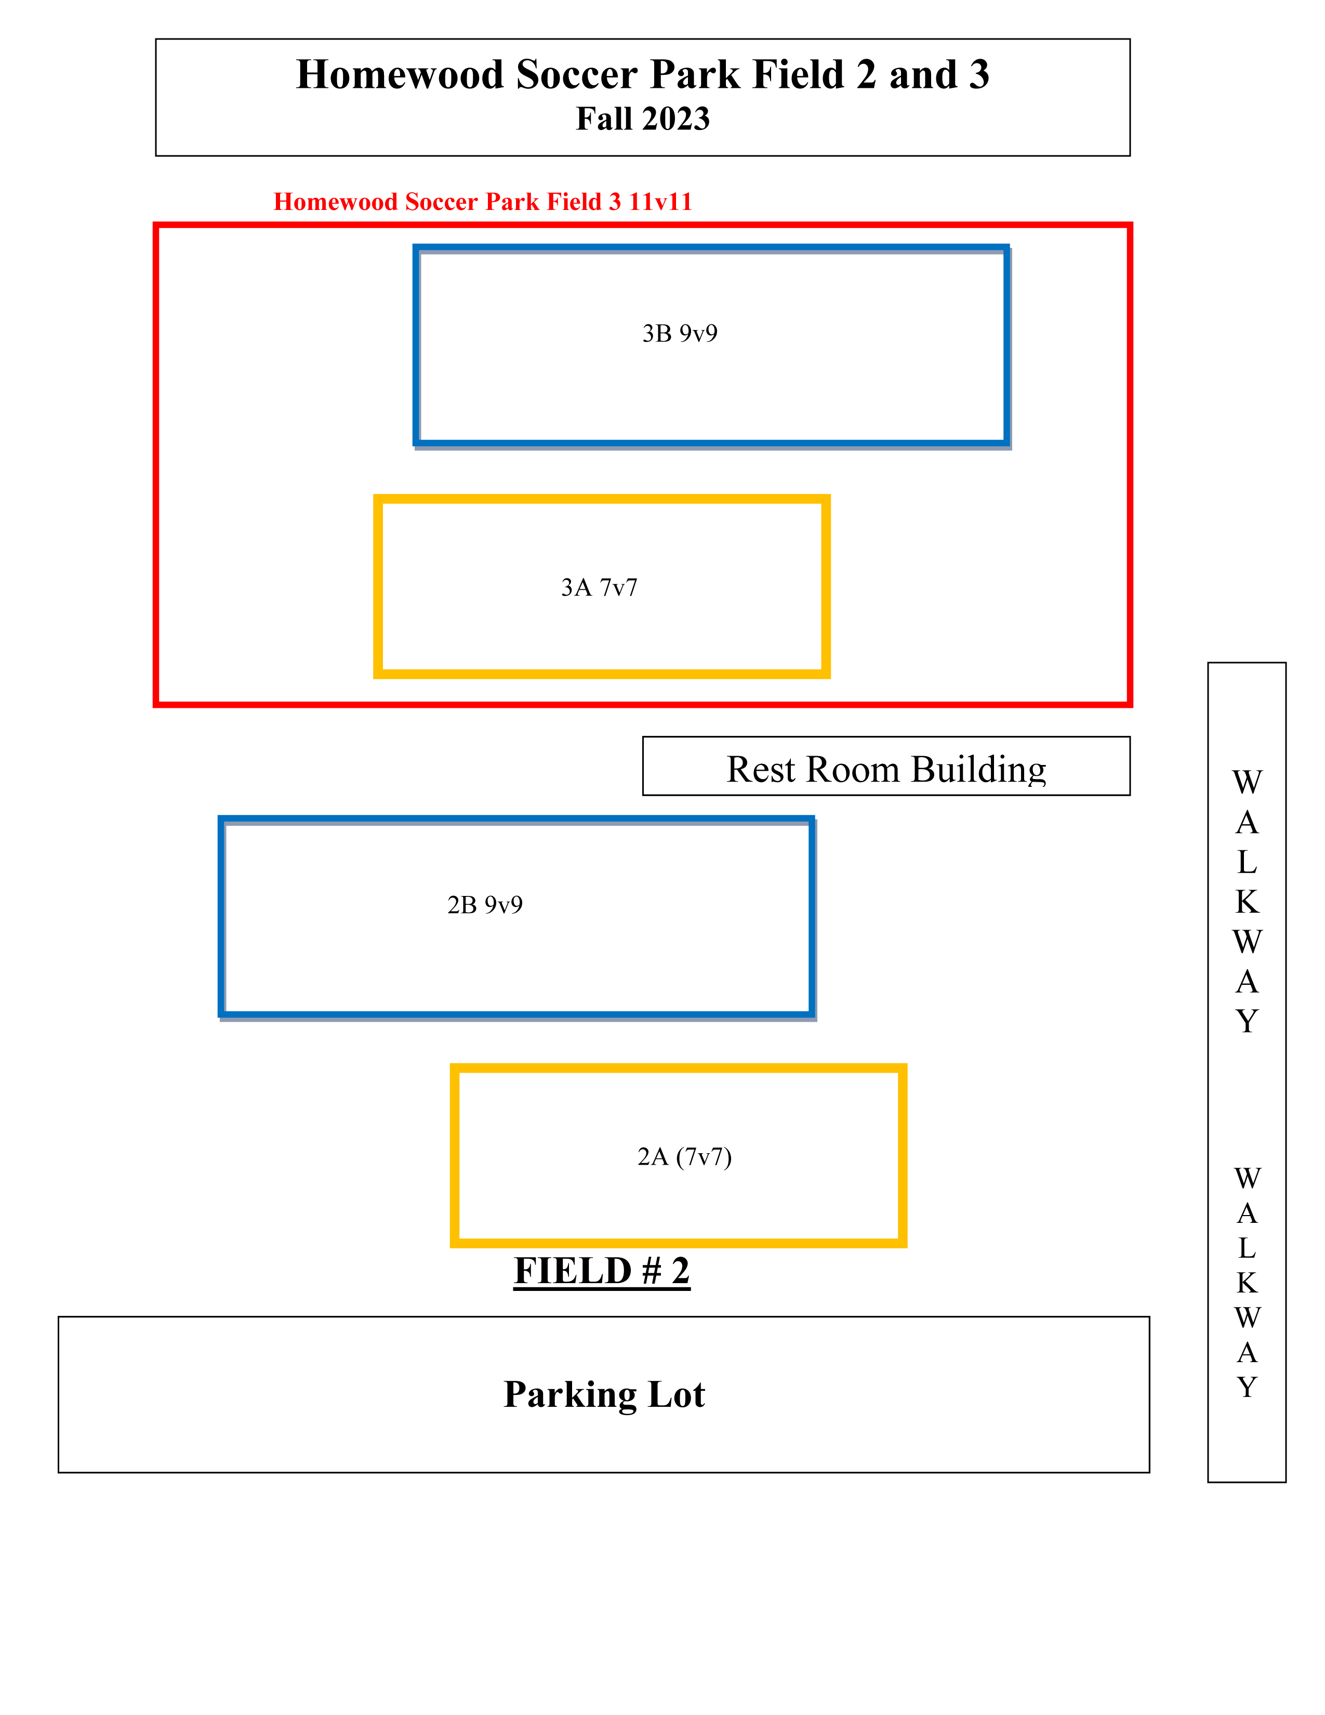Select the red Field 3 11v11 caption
point(482,202)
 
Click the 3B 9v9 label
point(680,334)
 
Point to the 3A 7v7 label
point(599,587)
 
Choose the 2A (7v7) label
point(684,1157)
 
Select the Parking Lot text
point(604,1395)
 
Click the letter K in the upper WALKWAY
point(1247,902)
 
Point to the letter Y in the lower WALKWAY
point(1247,1388)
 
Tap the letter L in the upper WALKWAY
point(1247,862)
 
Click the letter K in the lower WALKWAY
point(1247,1282)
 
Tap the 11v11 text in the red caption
point(659,202)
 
